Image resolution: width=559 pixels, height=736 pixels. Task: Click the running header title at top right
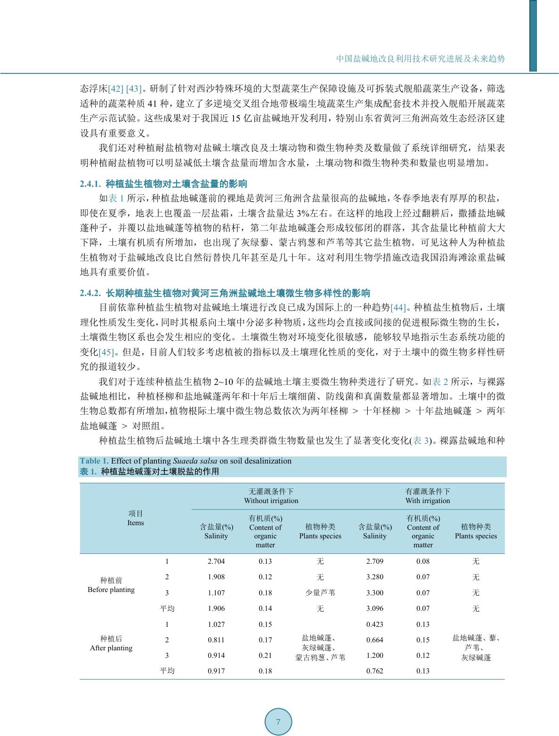point(420,59)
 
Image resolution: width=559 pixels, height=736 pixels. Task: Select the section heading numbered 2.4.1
point(163,184)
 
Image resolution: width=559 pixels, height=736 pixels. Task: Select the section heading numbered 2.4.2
point(225,293)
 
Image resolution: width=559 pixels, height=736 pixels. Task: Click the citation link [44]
point(398,308)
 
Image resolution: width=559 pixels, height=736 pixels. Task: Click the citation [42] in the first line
point(116,89)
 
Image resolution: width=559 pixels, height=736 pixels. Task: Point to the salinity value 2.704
point(216,561)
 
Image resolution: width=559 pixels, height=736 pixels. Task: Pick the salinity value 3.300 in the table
point(375,593)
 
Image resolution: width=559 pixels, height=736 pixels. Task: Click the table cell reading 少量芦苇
point(320,593)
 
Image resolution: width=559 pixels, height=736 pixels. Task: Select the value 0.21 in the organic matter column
point(265,656)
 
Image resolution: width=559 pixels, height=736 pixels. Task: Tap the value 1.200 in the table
point(375,656)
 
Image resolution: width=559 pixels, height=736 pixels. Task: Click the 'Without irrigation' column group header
point(271,496)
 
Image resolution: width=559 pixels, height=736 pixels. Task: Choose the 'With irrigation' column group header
point(428,496)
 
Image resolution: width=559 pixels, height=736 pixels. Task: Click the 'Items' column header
point(136,518)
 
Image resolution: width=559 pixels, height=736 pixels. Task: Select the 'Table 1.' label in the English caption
point(94,461)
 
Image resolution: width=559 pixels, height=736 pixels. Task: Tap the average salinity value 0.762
point(375,671)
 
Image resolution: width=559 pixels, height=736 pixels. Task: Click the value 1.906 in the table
point(216,608)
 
